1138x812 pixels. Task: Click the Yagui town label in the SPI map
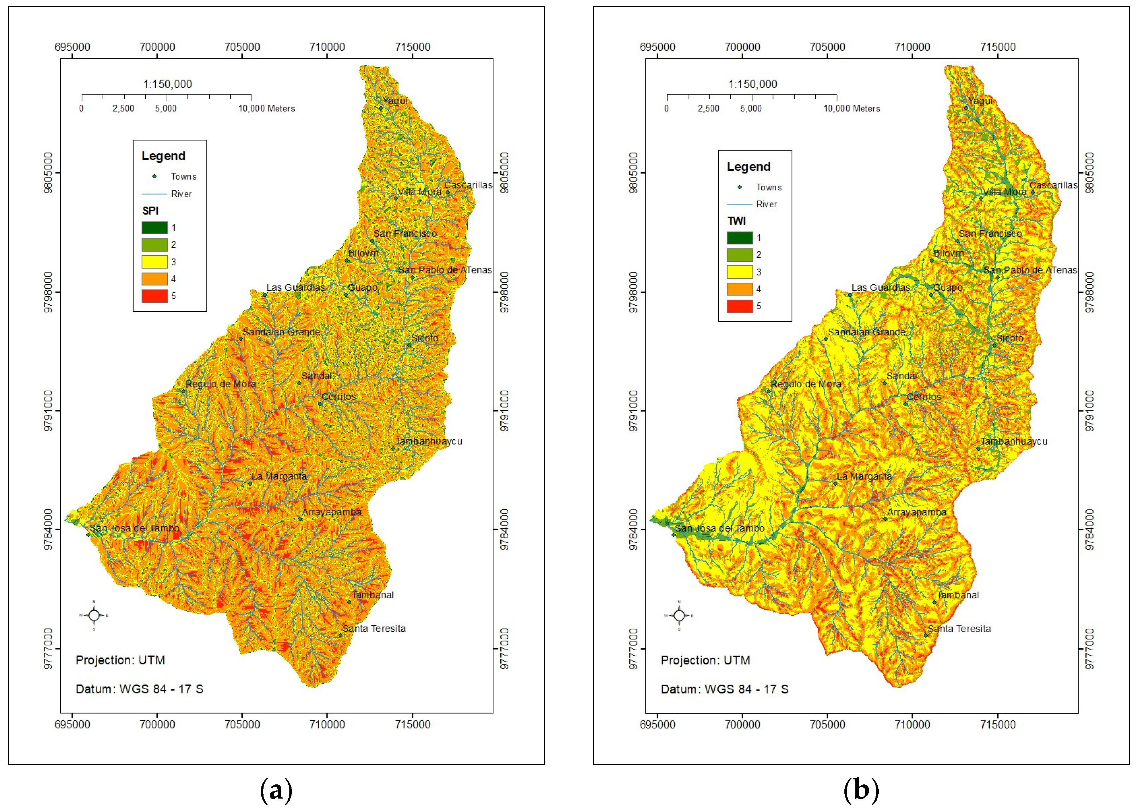click(395, 101)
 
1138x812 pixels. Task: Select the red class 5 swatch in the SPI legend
click(155, 296)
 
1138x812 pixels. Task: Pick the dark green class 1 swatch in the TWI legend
click(739, 238)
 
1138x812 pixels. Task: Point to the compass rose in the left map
click(94, 616)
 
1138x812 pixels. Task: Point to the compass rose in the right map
click(679, 616)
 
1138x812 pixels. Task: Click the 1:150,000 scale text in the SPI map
click(167, 84)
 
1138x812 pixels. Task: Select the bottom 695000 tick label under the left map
click(73, 725)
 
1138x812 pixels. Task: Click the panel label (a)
click(276, 790)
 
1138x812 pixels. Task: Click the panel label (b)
click(861, 790)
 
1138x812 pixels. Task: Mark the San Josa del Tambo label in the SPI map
click(134, 528)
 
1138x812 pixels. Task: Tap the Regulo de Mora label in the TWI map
click(805, 384)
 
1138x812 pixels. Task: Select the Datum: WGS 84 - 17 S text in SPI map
click(139, 689)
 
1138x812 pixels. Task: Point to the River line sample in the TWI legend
click(739, 205)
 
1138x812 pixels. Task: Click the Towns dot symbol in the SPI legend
click(155, 177)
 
